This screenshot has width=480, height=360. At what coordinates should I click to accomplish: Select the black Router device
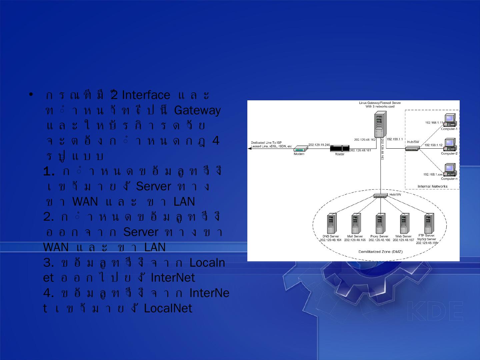coord(340,149)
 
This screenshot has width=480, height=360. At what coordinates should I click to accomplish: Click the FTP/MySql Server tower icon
coord(428,223)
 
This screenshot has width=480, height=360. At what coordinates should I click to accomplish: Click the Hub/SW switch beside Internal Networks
coord(412,148)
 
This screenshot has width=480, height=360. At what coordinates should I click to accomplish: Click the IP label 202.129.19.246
coord(319,145)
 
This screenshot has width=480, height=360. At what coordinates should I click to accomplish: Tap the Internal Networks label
coord(432,186)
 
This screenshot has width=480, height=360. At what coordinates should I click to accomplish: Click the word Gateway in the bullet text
coord(197,110)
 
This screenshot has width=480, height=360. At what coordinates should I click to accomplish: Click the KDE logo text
coord(435,312)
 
